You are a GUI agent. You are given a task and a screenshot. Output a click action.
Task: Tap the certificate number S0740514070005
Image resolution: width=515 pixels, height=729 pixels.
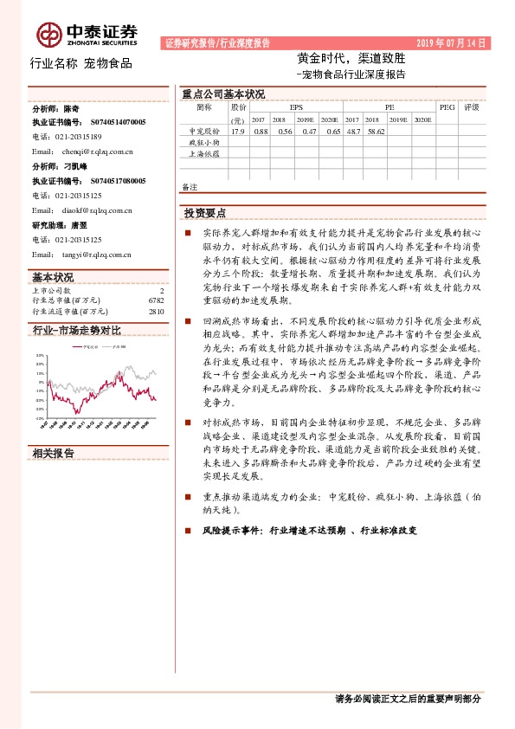click(x=118, y=123)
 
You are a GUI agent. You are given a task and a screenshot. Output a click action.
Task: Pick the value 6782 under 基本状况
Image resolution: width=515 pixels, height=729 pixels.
click(x=155, y=300)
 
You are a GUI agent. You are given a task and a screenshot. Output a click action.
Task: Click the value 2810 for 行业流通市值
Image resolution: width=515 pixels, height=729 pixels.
click(x=156, y=310)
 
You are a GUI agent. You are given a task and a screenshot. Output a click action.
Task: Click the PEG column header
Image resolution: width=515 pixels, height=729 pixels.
click(x=447, y=107)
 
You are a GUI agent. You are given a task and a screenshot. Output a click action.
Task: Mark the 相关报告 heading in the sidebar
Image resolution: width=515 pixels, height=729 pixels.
click(x=53, y=454)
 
